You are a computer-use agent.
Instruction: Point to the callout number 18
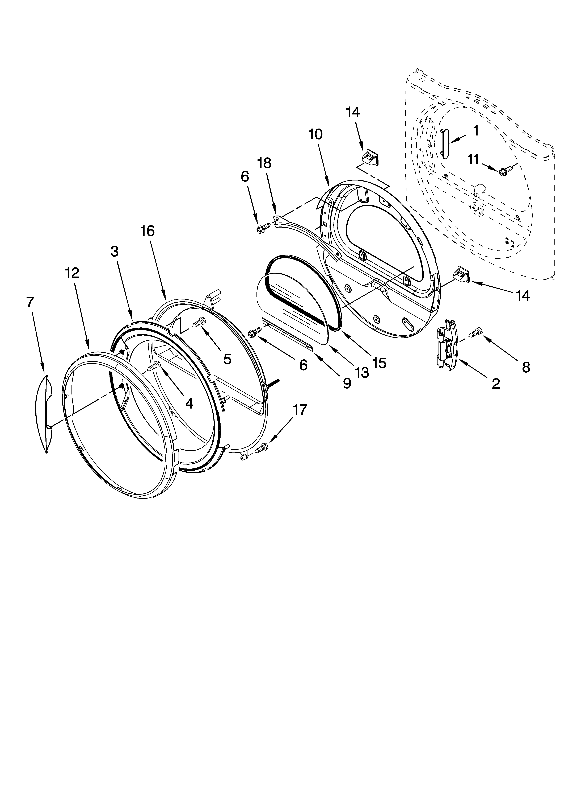click(x=264, y=163)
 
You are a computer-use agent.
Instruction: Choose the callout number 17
click(x=299, y=410)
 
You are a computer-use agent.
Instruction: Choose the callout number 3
click(x=114, y=252)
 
